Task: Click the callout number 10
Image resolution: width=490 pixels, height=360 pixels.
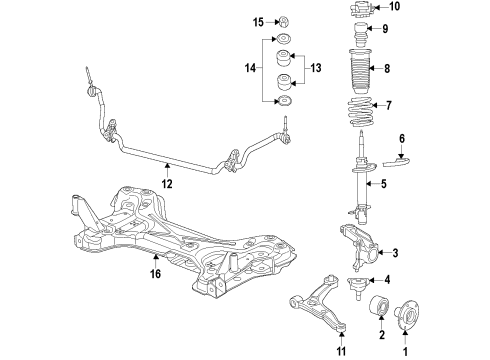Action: [x=393, y=7]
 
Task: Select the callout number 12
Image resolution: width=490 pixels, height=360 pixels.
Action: [x=167, y=183]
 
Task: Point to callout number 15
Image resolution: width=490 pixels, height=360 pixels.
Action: [x=258, y=22]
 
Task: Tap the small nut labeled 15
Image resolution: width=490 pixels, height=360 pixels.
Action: [x=283, y=22]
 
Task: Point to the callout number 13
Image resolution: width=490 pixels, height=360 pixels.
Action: [x=317, y=70]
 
